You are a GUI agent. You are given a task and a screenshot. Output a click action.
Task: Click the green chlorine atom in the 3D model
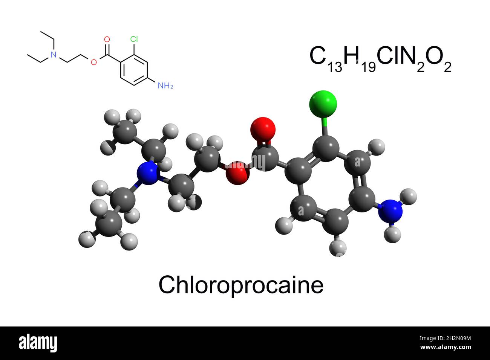coord(323,104)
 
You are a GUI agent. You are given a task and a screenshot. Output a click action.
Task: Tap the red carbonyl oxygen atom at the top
coord(263,130)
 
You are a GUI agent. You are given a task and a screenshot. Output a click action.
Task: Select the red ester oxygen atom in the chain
coord(237,173)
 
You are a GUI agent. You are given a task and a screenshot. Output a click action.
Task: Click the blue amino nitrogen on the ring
coord(390,211)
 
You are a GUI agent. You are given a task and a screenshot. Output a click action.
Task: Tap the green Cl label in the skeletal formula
coord(134,39)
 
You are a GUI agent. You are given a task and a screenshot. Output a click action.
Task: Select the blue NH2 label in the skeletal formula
coord(165,86)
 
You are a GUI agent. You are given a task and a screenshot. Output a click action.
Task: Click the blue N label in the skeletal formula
coord(54,55)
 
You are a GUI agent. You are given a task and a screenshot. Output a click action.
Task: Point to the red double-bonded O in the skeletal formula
coord(107,39)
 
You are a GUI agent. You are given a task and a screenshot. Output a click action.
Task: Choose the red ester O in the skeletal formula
coord(93,62)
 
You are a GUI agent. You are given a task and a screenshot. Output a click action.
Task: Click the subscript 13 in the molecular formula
coord(335,67)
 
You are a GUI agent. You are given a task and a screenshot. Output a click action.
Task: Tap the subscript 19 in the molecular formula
coord(369,67)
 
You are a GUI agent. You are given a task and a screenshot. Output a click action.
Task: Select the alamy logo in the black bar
coord(38,343)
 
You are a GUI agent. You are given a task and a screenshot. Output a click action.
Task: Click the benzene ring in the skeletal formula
coord(134,70)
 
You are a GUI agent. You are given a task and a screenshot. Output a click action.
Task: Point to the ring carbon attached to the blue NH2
coord(362,198)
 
